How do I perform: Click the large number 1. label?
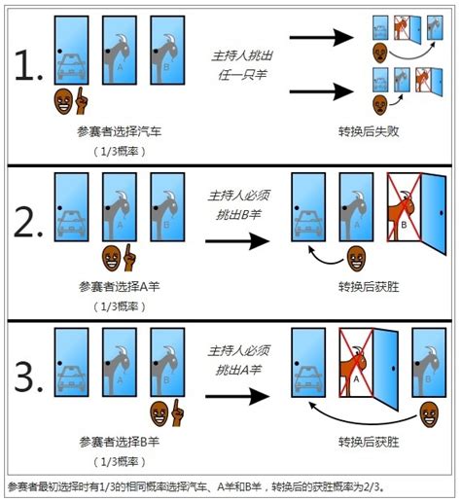tap(28, 65)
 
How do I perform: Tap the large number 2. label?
tap(28, 223)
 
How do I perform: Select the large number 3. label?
tap(28, 377)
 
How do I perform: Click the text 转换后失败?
tap(369, 131)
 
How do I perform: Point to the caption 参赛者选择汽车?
tap(120, 131)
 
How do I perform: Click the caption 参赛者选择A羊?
tap(120, 286)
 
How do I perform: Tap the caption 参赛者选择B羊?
tap(120, 442)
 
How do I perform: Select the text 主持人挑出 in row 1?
tap(242, 55)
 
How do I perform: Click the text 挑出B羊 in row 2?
tap(238, 214)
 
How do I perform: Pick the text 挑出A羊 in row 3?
tap(238, 370)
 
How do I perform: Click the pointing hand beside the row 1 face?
tap(81, 101)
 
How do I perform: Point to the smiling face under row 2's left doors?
tap(111, 258)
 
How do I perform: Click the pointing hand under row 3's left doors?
tap(177, 412)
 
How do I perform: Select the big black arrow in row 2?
tap(237, 241)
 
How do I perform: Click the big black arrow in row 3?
tap(237, 396)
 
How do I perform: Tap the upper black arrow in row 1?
tap(321, 38)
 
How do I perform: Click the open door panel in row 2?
tap(434, 214)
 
